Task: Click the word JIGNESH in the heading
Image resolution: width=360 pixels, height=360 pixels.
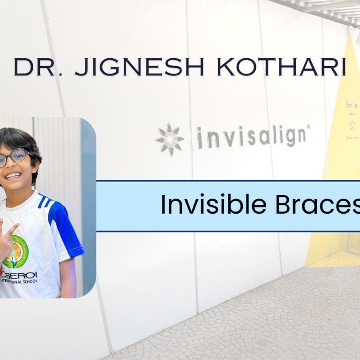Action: (x=139, y=67)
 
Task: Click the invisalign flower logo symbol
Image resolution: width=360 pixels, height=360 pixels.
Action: (x=170, y=139)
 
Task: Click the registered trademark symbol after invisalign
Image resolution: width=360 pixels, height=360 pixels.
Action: (x=308, y=127)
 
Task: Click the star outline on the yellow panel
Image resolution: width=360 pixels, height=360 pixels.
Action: (x=352, y=124)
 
